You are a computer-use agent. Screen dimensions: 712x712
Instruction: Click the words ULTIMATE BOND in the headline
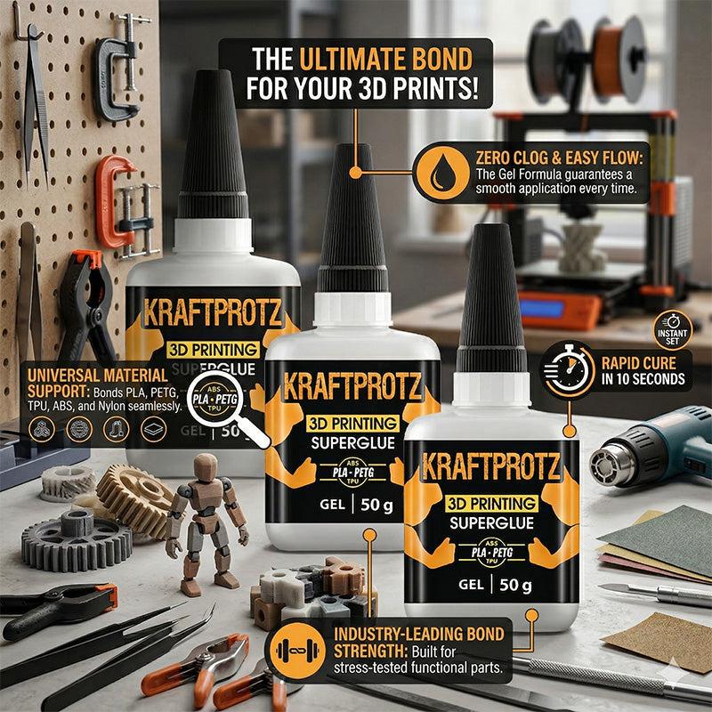coord(386,60)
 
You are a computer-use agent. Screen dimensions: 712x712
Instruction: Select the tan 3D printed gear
coord(133,498)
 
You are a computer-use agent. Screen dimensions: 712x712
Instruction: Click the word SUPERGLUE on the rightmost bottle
coord(490,524)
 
